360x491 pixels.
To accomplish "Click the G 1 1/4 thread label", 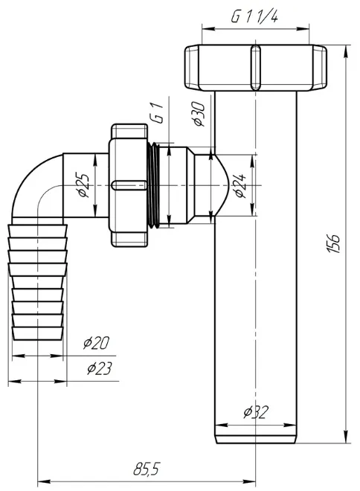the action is click(254, 16).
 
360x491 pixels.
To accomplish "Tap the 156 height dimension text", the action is click(333, 243).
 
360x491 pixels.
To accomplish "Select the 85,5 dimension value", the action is click(147, 469).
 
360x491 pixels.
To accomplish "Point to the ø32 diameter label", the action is click(256, 412).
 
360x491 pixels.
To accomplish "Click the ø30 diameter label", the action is click(199, 113).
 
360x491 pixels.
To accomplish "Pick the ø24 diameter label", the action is click(240, 185).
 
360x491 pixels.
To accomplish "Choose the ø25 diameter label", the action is click(84, 184).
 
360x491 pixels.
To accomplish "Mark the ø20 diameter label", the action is click(97, 343).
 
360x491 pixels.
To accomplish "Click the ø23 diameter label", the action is click(99, 368).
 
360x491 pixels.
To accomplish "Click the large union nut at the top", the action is click(256, 68).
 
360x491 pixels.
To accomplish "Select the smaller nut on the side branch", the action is click(129, 185).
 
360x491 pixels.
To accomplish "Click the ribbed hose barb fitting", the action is click(37, 282).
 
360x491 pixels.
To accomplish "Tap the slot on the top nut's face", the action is click(256, 68).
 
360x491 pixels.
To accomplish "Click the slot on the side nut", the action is click(129, 185).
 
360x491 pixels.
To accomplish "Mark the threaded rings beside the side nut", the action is click(153, 185).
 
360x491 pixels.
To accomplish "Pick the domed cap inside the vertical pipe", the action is click(222, 185).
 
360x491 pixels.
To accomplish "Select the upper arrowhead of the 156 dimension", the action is click(346, 51).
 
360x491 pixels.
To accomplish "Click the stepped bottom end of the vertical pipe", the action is click(256, 437).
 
